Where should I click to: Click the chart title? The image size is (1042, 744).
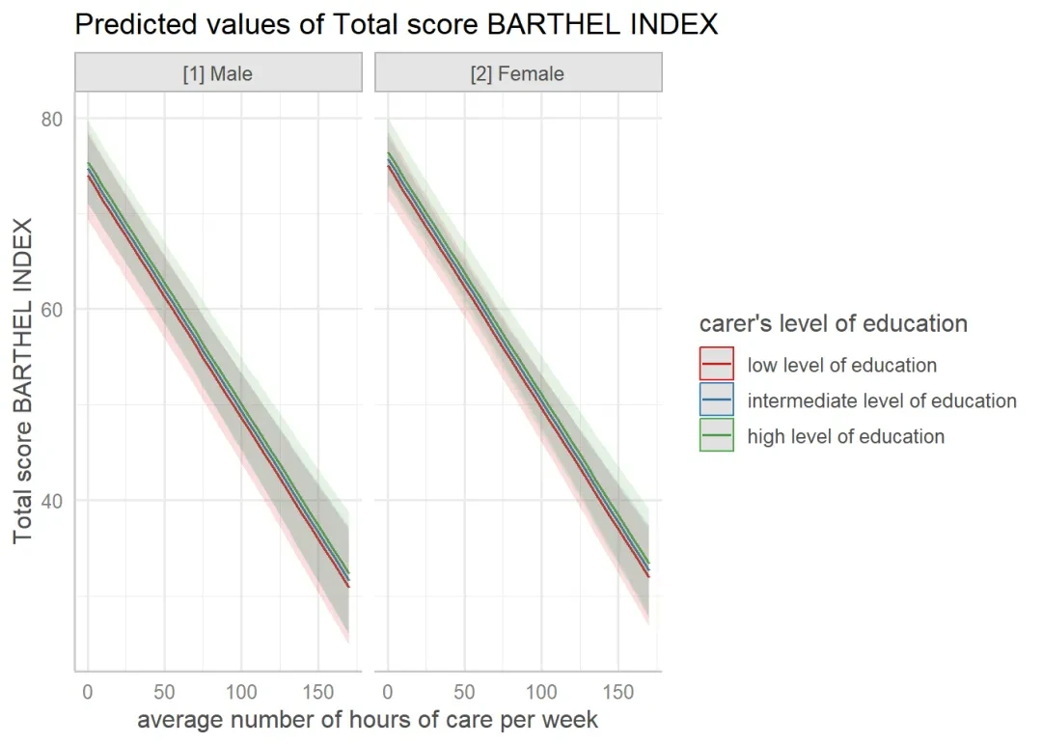point(396,24)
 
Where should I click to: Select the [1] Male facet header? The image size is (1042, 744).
point(218,73)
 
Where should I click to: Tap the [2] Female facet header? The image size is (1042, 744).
point(517,73)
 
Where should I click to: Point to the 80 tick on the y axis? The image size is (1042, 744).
point(52,119)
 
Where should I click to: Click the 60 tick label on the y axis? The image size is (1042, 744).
point(52,309)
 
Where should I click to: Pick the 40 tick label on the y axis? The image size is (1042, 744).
point(52,500)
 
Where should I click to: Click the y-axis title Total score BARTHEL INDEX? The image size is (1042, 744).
point(23,381)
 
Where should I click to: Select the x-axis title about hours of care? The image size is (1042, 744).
point(368,720)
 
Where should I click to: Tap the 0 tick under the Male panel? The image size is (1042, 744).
point(88,692)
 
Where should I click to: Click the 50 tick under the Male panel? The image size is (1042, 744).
point(164,692)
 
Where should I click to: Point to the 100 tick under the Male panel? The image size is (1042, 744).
point(241,692)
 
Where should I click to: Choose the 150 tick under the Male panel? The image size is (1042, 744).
point(317,692)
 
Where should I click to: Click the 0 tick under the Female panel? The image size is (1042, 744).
point(388,692)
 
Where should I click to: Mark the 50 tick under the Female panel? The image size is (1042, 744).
point(464,692)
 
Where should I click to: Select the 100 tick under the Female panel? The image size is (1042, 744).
point(541,692)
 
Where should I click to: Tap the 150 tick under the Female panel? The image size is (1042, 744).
point(617,692)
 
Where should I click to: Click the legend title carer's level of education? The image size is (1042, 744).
point(834,323)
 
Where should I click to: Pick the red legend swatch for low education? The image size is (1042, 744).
point(717,365)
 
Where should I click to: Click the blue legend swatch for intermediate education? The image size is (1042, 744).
point(717,400)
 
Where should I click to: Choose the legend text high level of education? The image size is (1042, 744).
point(846,436)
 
